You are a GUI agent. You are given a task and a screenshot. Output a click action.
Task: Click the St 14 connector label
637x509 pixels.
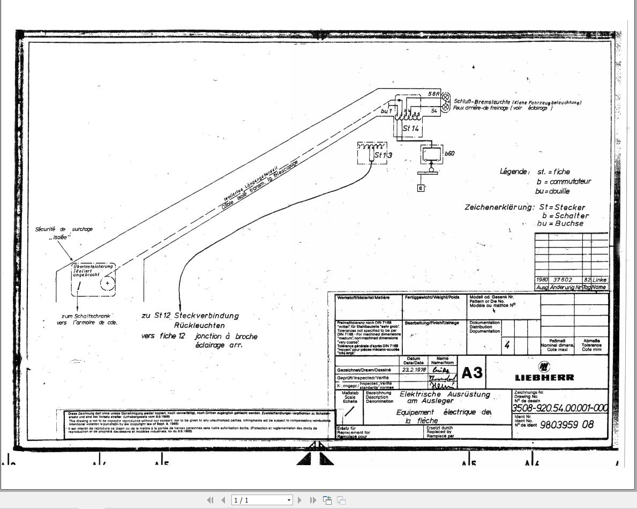click(x=411, y=129)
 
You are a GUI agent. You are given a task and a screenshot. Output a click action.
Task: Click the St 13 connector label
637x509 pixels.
click(x=383, y=155)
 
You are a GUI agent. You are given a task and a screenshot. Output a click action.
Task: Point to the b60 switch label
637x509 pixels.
click(x=449, y=154)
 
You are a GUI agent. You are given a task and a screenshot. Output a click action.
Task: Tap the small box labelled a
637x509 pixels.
click(x=421, y=188)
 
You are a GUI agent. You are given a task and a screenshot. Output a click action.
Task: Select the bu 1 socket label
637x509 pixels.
click(x=386, y=111)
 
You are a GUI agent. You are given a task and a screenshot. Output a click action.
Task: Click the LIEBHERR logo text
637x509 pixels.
click(x=544, y=377)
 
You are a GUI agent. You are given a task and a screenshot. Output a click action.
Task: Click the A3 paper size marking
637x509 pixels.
click(x=471, y=373)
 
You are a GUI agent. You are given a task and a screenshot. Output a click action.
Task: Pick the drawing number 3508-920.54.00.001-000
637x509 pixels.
click(x=560, y=408)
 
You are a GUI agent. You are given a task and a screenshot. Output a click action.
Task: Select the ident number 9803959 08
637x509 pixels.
click(x=567, y=425)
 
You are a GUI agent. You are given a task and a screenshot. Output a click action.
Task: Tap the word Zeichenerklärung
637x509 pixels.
click(x=499, y=207)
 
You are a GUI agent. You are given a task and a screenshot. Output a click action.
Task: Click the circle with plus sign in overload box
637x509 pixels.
click(x=108, y=283)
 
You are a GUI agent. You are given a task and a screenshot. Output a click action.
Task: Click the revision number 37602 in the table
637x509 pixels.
click(x=563, y=280)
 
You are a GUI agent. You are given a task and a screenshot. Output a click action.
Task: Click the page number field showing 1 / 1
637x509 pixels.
click(x=261, y=500)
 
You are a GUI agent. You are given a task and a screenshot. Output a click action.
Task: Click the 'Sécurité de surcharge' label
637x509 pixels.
click(x=64, y=229)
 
